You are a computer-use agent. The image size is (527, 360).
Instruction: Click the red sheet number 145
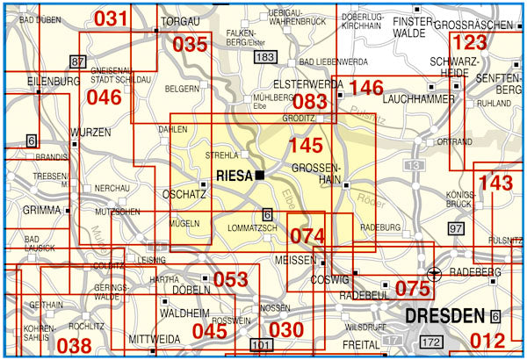(306, 146)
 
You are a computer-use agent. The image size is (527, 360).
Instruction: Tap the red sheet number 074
(307, 235)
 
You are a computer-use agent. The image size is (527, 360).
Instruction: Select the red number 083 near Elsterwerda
(309, 103)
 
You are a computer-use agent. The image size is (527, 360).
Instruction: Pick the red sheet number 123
(469, 43)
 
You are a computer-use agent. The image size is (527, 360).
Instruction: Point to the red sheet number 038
(74, 346)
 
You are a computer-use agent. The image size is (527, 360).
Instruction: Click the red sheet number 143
(496, 184)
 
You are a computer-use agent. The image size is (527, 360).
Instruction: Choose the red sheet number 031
(111, 18)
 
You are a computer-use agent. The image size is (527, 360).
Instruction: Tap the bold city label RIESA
(234, 175)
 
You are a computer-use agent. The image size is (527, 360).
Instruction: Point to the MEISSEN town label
(295, 261)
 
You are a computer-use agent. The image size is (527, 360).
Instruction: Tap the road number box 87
(78, 61)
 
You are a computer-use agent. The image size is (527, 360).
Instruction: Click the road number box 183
(263, 57)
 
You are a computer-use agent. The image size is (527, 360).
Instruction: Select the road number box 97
(455, 228)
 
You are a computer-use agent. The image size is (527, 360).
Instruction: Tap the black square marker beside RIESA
(261, 176)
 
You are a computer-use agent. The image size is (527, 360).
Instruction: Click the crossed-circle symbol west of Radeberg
(431, 273)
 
